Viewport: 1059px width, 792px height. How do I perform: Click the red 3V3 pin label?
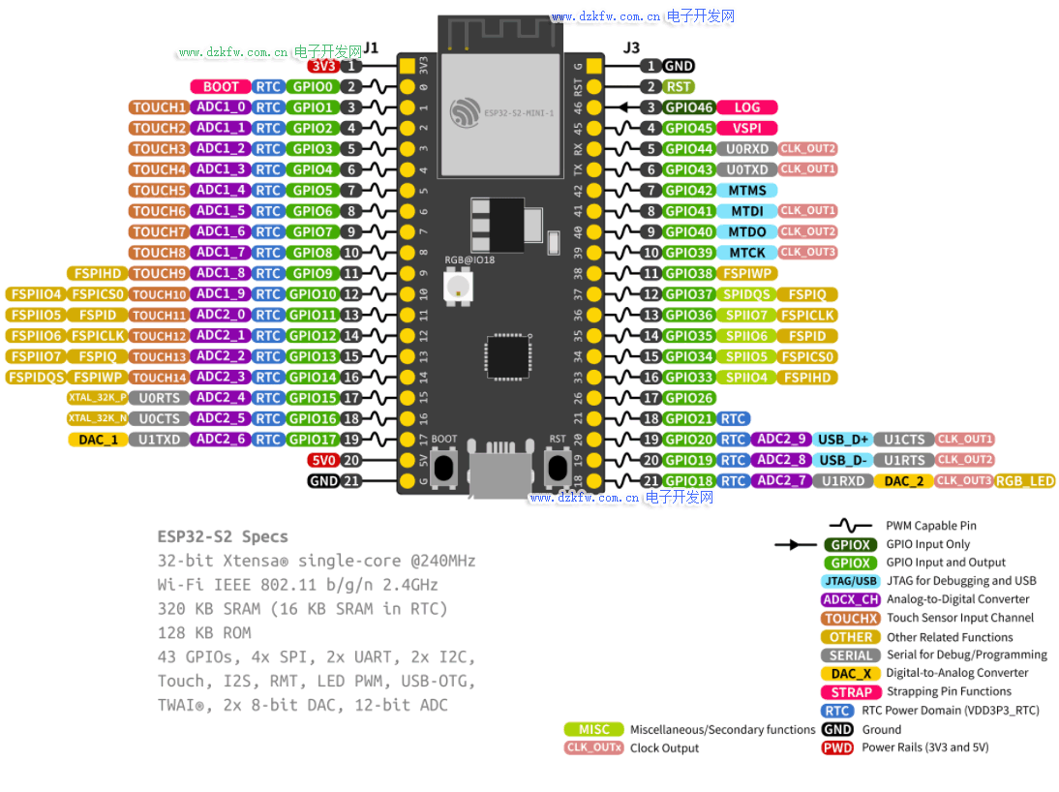(x=322, y=66)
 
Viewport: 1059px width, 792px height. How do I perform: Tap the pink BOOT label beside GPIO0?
(x=221, y=87)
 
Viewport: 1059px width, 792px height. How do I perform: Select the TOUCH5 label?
(x=159, y=191)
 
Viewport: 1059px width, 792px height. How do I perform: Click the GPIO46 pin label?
(x=689, y=107)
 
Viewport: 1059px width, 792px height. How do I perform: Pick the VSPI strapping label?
(x=747, y=128)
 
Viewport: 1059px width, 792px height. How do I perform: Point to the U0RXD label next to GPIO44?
(x=746, y=149)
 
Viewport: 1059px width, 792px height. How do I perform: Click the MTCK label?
(x=747, y=253)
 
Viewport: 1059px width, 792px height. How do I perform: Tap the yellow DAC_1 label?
(x=99, y=440)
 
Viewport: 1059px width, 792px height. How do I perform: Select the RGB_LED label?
(x=1025, y=481)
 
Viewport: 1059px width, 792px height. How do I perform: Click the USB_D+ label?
(x=844, y=440)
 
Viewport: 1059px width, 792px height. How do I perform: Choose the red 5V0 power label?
(x=322, y=460)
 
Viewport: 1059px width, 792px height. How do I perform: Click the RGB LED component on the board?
(x=455, y=287)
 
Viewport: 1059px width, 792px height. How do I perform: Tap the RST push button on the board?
(x=557, y=469)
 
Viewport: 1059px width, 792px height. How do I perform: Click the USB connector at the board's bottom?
(x=499, y=471)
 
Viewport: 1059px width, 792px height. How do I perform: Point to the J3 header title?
(x=631, y=47)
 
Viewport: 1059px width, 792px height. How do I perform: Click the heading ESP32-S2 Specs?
(x=223, y=536)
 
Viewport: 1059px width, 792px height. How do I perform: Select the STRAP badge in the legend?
(x=851, y=692)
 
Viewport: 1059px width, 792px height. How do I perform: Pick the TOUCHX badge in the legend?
(x=851, y=618)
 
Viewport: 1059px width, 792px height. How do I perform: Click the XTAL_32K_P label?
(x=97, y=398)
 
